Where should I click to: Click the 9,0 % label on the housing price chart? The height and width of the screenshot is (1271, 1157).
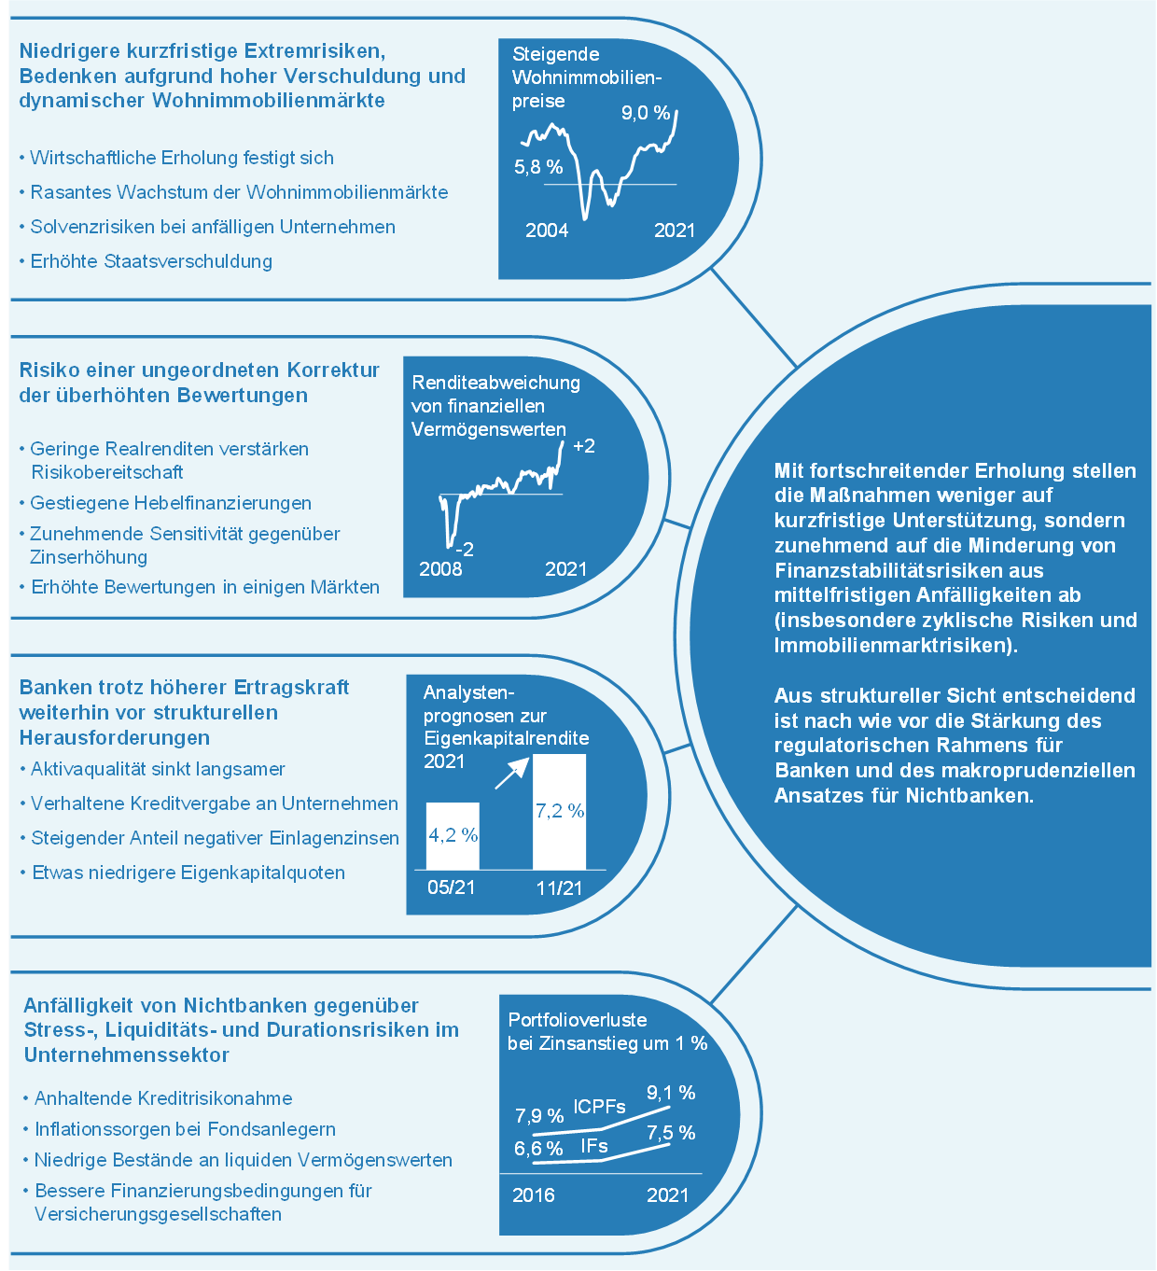click(x=645, y=113)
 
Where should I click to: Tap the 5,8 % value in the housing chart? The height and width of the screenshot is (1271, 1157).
click(x=538, y=167)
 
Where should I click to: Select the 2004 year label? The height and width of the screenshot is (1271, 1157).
click(x=546, y=230)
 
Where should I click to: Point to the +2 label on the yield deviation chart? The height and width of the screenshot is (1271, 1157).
click(x=583, y=446)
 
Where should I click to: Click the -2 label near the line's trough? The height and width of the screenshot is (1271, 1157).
click(x=465, y=549)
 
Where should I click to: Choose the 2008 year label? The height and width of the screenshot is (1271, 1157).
click(x=439, y=569)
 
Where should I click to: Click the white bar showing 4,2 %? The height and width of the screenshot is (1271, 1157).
click(x=453, y=836)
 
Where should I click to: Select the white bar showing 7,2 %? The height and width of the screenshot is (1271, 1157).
click(x=559, y=812)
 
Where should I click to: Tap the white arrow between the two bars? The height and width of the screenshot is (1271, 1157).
click(x=511, y=774)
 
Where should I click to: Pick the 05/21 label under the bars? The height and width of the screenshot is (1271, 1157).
click(x=452, y=887)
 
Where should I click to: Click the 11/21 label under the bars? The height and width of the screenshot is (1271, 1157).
click(x=559, y=887)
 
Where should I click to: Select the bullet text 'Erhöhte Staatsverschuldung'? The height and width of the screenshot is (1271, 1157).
click(x=151, y=261)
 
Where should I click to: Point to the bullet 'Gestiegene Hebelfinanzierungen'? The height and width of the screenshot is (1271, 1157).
click(x=171, y=503)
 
